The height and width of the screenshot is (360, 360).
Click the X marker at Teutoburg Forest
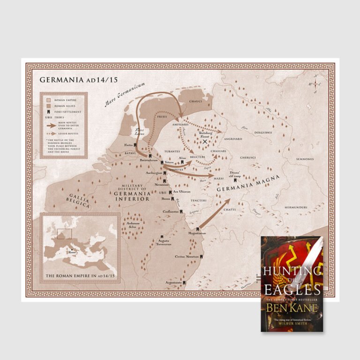205,141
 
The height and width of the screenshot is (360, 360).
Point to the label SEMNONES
305,159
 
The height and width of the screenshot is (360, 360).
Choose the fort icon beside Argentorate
185,283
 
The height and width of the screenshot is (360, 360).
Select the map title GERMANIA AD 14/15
78,80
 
